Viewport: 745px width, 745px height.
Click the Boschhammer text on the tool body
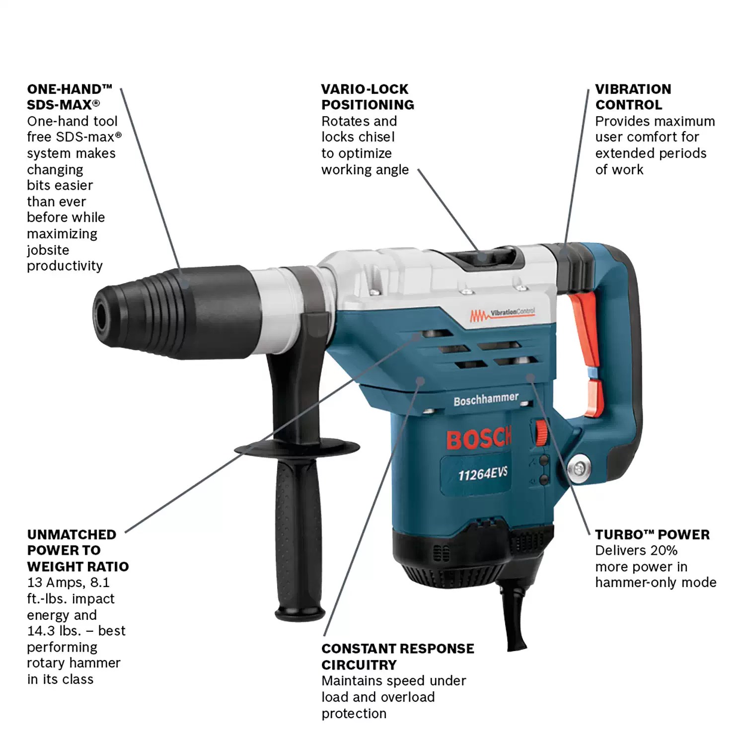(486, 399)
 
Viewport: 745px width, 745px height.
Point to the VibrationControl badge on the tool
(503, 313)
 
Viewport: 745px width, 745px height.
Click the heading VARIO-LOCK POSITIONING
(368, 97)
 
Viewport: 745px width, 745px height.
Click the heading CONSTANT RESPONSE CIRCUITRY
(397, 656)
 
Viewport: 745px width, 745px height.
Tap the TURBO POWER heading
(652, 534)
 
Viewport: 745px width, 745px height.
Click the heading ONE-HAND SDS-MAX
(70, 97)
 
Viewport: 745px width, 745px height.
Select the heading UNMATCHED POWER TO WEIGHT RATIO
(77, 550)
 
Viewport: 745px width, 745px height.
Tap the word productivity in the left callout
(65, 266)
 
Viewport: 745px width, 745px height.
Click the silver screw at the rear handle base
(578, 468)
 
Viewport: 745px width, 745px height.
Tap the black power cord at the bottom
(514, 621)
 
